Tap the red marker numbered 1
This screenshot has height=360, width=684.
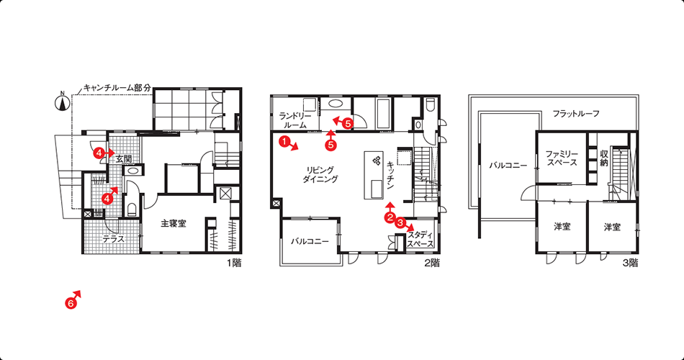[x=284, y=141]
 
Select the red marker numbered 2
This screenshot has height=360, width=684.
[x=390, y=217]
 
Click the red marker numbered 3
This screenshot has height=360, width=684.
[x=401, y=222]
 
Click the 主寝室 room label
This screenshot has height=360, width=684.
[x=174, y=224]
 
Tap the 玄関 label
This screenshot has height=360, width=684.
[x=123, y=159]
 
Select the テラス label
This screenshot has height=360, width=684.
[x=114, y=239]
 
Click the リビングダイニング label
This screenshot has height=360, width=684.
[x=320, y=174]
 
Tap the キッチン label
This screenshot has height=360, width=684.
[x=390, y=175]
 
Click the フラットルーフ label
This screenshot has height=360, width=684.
[x=576, y=114]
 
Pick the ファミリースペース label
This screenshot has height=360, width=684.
[x=562, y=158]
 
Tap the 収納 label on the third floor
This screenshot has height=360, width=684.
[x=604, y=158]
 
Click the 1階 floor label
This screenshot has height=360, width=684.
[x=233, y=264]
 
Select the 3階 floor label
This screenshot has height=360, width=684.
[x=630, y=264]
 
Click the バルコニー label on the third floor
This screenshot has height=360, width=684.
[x=508, y=166]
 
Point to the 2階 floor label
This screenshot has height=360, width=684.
[x=431, y=264]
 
